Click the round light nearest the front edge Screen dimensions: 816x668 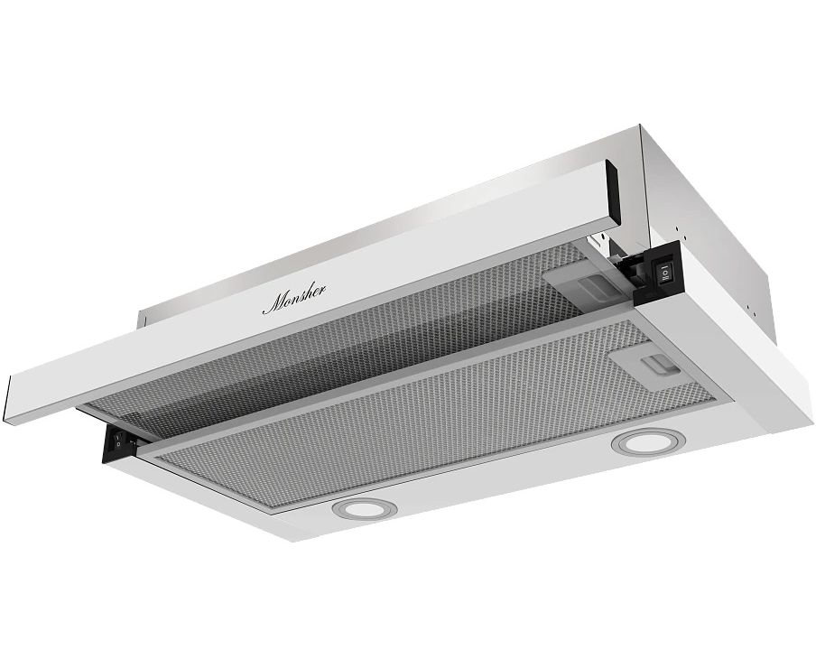(359, 508)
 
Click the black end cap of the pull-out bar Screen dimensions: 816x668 (612, 196)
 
